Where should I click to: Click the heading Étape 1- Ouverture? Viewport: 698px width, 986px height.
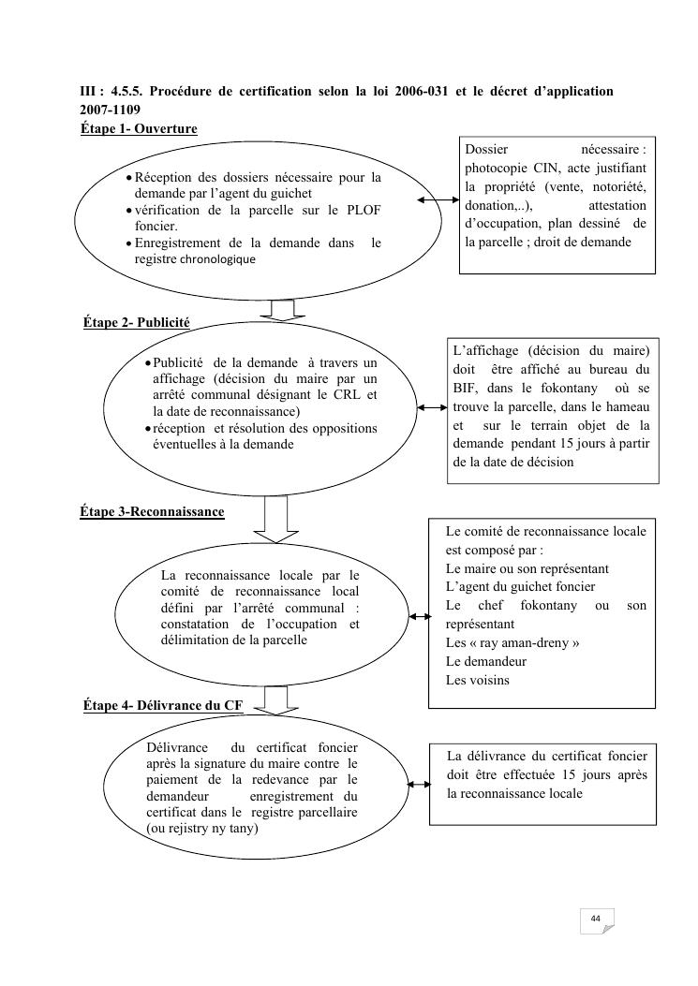[x=139, y=128]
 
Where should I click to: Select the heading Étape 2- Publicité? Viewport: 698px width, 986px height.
[x=137, y=322]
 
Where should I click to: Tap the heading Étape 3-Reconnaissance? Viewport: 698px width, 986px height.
[x=152, y=511]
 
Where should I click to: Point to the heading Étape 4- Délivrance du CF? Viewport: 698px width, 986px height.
[x=162, y=706]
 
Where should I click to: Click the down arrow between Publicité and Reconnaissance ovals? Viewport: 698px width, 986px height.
[x=275, y=518]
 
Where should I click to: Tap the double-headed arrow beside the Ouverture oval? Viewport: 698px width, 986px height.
[x=437, y=201]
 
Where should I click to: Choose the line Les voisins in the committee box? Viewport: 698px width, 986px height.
[x=478, y=679]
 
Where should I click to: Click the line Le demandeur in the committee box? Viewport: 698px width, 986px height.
[x=486, y=660]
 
